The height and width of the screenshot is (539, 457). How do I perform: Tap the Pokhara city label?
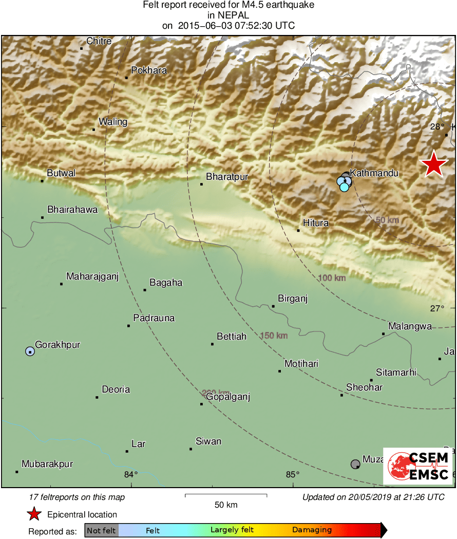pyautogui.click(x=149, y=70)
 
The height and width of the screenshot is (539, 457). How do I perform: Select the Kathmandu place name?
pyautogui.click(x=374, y=173)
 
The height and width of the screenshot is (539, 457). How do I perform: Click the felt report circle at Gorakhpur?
pyautogui.click(x=30, y=351)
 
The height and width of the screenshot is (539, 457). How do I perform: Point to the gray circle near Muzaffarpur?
pyautogui.click(x=355, y=464)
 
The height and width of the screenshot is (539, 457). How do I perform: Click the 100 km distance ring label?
pyautogui.click(x=332, y=278)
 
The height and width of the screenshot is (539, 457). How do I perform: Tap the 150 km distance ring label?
pyautogui.click(x=274, y=336)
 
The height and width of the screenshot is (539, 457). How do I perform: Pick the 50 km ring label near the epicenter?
pyautogui.click(x=387, y=220)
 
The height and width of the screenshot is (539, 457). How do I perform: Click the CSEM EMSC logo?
pyautogui.click(x=418, y=466)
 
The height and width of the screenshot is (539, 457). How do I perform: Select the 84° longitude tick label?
pyautogui.click(x=131, y=474)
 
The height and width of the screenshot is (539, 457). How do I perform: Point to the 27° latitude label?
pyautogui.click(x=437, y=308)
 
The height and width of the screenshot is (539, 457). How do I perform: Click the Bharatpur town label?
pyautogui.click(x=227, y=177)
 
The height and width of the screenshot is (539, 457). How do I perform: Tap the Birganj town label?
pyautogui.click(x=292, y=299)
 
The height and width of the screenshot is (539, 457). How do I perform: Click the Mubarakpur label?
pyautogui.click(x=47, y=464)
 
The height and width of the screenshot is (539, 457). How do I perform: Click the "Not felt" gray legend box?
pyautogui.click(x=101, y=530)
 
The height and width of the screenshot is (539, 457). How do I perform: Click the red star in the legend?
pyautogui.click(x=34, y=514)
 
